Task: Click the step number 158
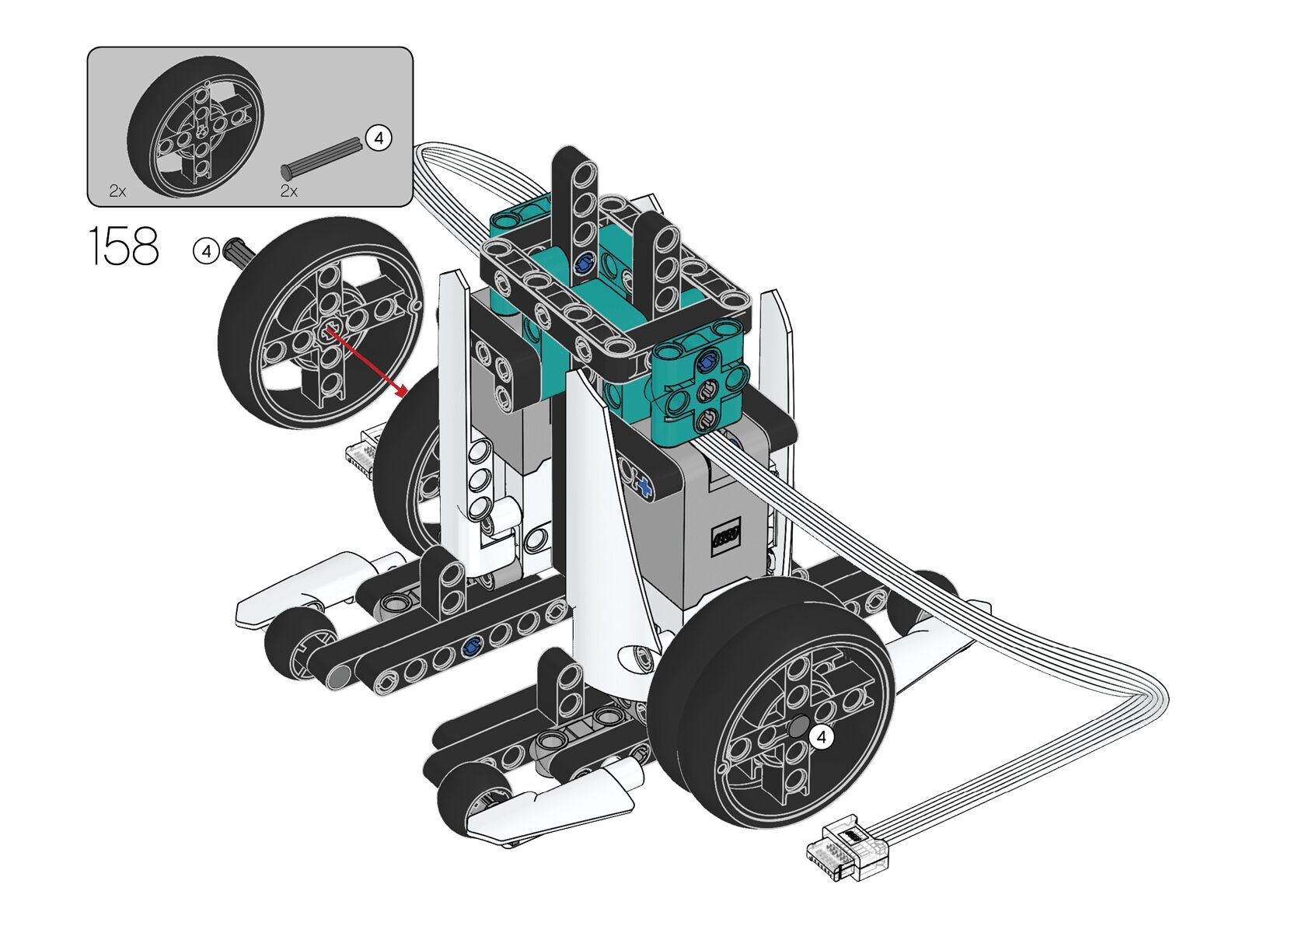point(124,246)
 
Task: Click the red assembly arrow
point(367,362)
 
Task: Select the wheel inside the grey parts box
point(196,126)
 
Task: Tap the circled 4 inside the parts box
point(378,138)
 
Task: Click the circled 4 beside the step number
point(206,252)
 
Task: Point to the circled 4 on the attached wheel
point(821,737)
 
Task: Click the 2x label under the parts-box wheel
point(117,191)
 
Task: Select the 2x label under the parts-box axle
point(288,191)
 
